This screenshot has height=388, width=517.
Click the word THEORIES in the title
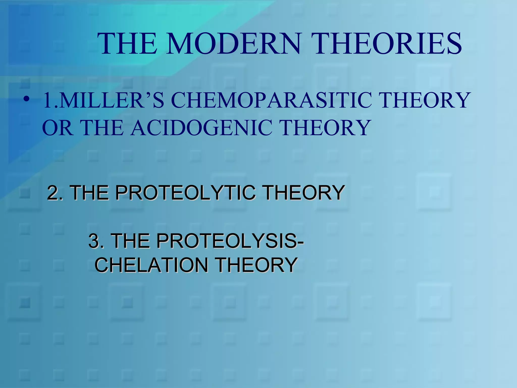(386, 43)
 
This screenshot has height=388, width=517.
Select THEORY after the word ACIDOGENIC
(326, 128)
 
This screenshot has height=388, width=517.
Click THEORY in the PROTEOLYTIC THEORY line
(303, 193)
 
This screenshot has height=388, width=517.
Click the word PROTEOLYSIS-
(230, 241)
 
